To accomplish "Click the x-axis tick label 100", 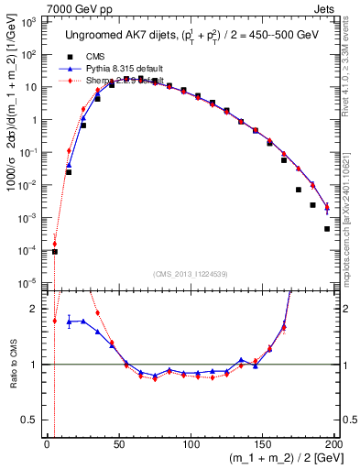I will (x=191, y=443).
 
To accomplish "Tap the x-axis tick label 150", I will (x=263, y=443).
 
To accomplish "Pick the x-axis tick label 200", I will (x=334, y=443).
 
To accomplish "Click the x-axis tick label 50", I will (x=119, y=443).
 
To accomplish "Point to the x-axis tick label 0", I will (x=48, y=443).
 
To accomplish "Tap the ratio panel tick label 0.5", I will (x=32, y=419).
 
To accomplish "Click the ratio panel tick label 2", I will (x=37, y=309).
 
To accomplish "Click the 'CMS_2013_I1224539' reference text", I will (x=191, y=272).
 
